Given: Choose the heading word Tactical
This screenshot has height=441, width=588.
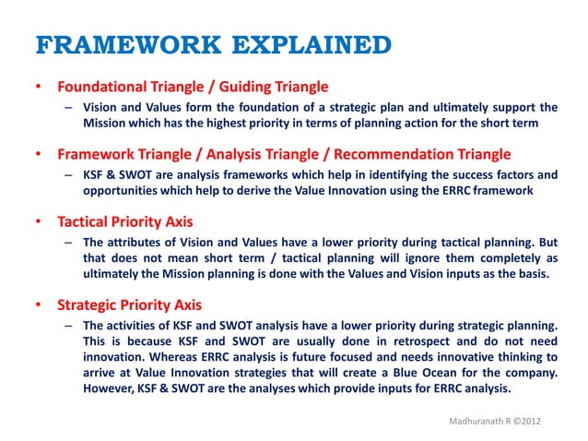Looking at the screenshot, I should [x=84, y=223].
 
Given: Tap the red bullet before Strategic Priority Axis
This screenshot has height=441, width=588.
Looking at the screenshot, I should [x=38, y=305].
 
